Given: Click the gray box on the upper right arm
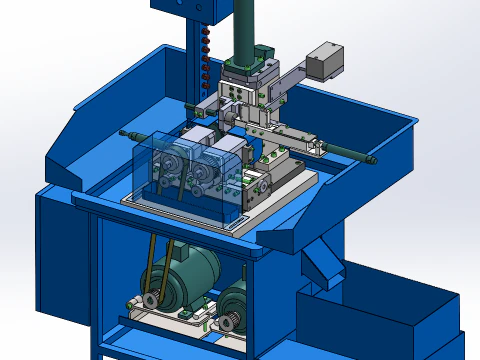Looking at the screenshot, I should coord(325,61).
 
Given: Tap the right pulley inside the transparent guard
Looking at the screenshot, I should coord(206,171).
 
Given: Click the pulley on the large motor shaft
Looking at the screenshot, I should coord(150,300).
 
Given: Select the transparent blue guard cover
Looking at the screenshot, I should coord(190,175).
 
